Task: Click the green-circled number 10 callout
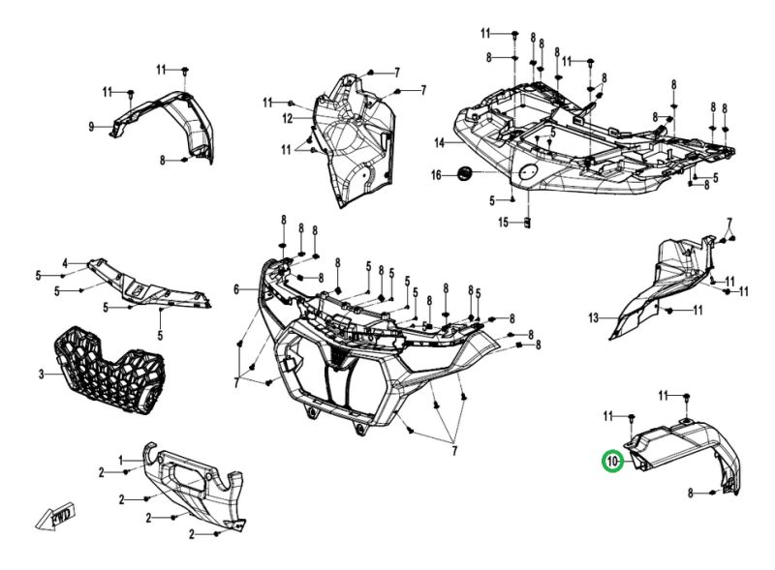[x=611, y=462]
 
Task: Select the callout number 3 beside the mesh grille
[x=41, y=374]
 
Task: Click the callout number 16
[x=436, y=174]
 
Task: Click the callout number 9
[x=91, y=127]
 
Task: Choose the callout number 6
[x=235, y=289]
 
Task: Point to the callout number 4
[x=66, y=263]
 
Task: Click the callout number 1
[x=121, y=459]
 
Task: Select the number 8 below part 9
[x=163, y=160]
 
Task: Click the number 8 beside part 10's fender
[x=692, y=494]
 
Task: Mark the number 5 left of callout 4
[x=39, y=275]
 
